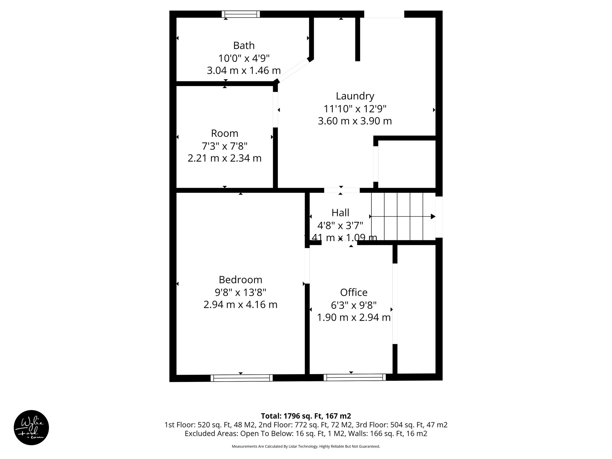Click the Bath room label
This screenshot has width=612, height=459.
(x=244, y=45)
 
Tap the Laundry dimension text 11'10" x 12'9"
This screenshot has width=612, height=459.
(x=355, y=109)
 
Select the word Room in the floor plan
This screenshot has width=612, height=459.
(x=224, y=133)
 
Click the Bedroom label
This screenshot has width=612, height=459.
(x=240, y=280)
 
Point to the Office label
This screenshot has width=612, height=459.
(x=354, y=292)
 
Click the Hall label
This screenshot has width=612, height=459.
(x=340, y=213)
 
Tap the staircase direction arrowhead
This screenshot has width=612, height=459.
(x=433, y=216)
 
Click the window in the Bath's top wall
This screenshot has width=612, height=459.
(x=241, y=14)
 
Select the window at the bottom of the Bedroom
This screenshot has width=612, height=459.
(x=241, y=378)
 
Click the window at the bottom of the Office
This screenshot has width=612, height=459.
(x=354, y=377)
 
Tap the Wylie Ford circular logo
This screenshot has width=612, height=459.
(x=31, y=427)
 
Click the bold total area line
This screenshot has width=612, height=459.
(x=306, y=416)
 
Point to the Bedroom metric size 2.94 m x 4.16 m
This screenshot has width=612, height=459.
(x=240, y=305)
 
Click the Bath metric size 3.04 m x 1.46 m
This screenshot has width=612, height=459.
(x=244, y=71)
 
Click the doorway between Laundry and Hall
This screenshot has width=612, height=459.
(x=342, y=190)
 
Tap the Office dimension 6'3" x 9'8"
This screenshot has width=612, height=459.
(x=354, y=305)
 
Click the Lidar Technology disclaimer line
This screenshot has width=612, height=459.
(x=306, y=446)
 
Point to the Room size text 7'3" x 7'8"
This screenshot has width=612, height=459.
(x=224, y=146)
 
